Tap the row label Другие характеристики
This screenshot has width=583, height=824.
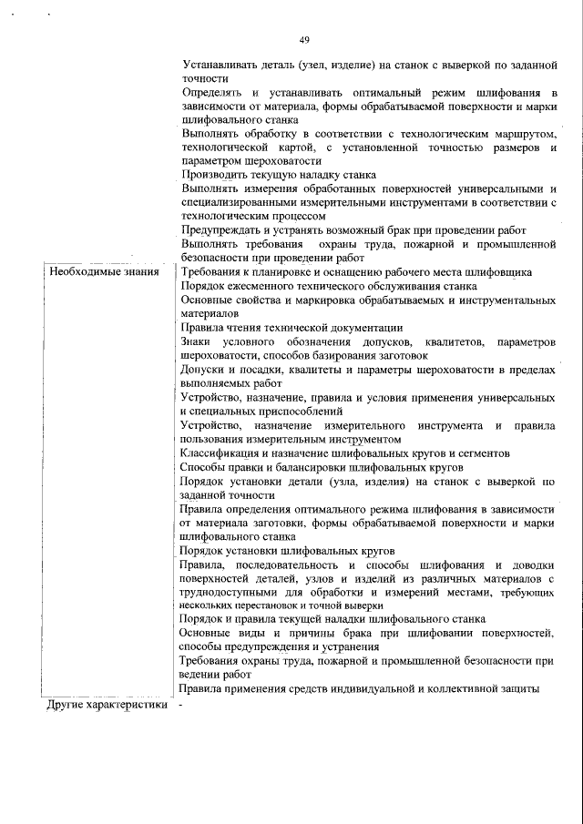tap(108, 705)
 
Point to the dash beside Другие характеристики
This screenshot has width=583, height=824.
tap(182, 705)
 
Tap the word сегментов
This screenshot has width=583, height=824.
tap(480, 453)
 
